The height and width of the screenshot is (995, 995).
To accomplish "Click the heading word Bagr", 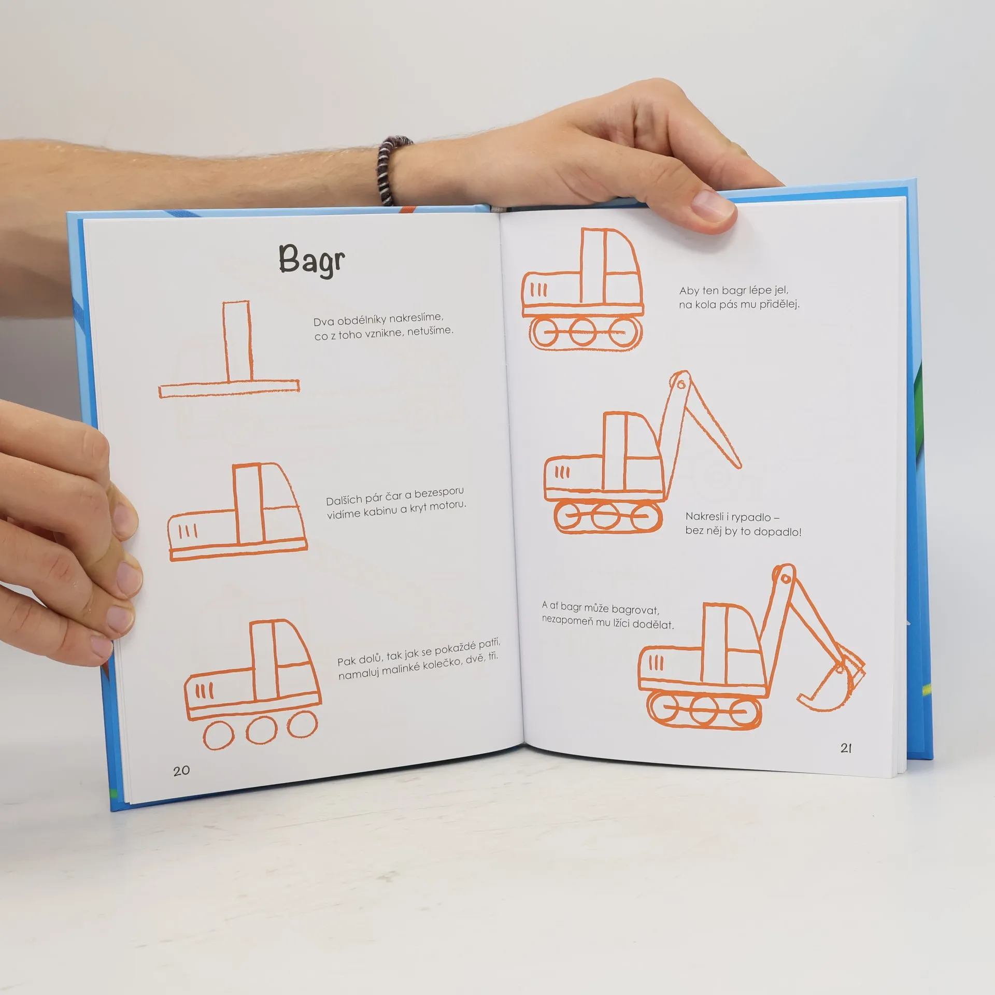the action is (311, 260).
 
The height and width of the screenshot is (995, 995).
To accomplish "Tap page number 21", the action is (846, 748).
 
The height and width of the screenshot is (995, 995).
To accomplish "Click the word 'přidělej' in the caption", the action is (779, 304).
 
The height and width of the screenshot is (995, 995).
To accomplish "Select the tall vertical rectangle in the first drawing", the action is (238, 343).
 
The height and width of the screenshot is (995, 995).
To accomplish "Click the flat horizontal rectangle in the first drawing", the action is (229, 389).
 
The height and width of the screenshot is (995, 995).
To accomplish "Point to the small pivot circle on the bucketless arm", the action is (681, 384).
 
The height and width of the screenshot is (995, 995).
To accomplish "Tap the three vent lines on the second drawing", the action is (188, 531).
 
